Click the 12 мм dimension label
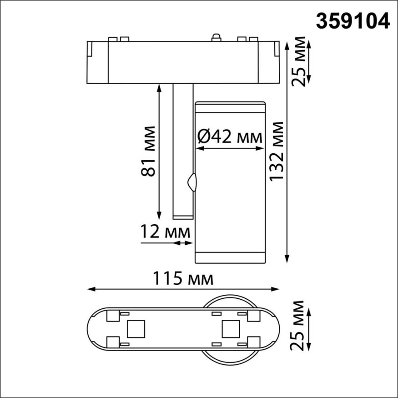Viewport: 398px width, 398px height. click(x=165, y=232)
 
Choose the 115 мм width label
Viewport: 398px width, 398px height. click(x=183, y=278)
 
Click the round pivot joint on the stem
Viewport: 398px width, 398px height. click(x=193, y=182)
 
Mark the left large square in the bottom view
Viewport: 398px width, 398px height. click(x=136, y=328)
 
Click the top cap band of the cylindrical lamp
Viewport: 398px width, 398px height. click(x=230, y=106)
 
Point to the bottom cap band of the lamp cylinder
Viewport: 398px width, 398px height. click(x=230, y=258)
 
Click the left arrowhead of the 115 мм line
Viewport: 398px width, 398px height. click(x=90, y=289)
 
